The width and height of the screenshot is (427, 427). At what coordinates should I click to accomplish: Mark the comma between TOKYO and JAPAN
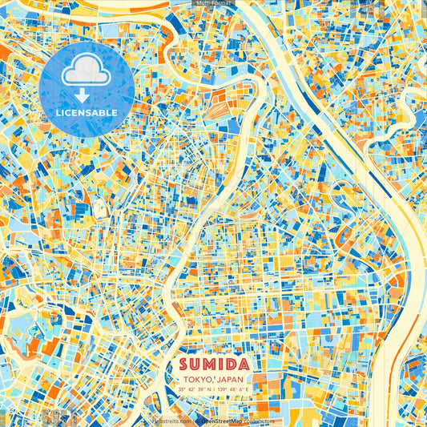tap(210, 381)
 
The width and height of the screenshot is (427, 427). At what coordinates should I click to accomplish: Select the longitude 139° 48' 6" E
tap(232, 389)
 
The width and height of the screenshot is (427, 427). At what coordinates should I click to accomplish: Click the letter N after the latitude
tap(207, 389)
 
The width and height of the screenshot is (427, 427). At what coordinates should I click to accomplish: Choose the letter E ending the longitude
tap(248, 389)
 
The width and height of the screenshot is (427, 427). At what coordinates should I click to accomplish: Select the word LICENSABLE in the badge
tap(86, 113)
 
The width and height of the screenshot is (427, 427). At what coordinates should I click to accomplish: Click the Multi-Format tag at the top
tap(213, 3)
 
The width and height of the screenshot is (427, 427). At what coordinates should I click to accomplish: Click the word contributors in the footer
tap(258, 421)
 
